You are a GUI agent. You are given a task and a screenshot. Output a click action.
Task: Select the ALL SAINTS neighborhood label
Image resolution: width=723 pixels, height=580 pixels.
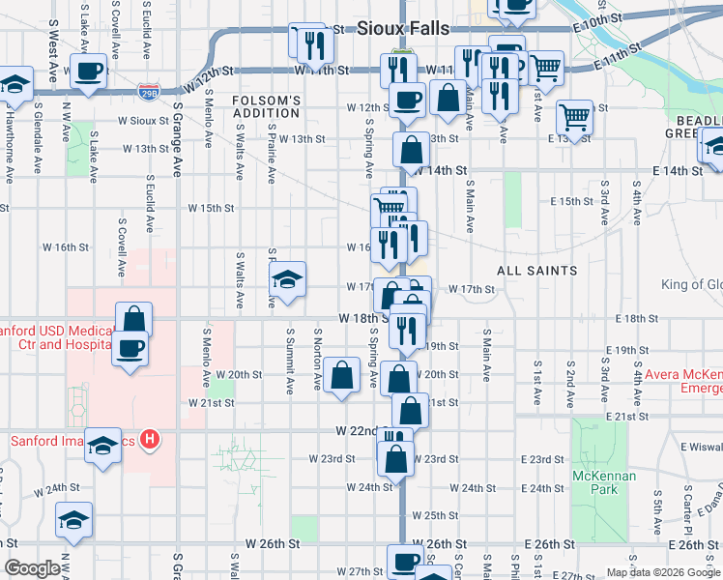click(x=537, y=271)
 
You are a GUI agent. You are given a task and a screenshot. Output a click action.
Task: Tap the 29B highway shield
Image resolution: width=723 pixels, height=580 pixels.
click(x=149, y=92)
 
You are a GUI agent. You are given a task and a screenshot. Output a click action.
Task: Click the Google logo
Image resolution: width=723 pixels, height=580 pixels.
click(x=32, y=569)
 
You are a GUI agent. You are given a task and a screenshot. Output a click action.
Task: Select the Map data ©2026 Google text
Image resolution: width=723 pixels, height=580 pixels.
click(x=662, y=572)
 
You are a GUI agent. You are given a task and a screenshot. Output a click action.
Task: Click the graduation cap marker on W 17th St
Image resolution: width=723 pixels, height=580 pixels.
click(x=287, y=280)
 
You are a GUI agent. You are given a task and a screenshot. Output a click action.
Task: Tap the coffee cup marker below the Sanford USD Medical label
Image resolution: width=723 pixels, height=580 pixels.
click(x=130, y=349)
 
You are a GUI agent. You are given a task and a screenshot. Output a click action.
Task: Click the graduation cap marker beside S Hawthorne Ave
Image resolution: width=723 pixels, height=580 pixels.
click(x=15, y=85)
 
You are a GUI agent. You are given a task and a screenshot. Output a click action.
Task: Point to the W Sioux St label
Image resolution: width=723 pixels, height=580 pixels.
click(x=144, y=122)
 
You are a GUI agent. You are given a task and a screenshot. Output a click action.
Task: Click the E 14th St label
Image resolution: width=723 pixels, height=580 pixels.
click(x=677, y=171)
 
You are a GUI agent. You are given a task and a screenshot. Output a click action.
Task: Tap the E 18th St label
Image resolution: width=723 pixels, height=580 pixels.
click(x=635, y=319)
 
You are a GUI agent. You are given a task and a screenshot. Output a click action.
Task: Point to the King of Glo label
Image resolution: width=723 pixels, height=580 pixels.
click(x=691, y=284)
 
